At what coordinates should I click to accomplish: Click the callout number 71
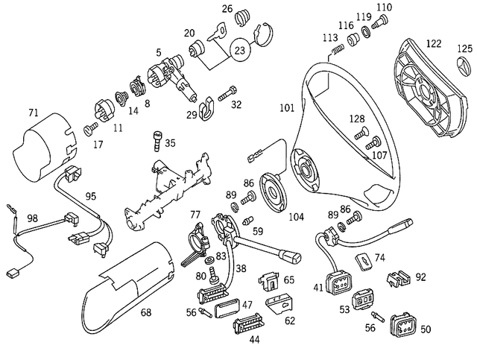pos(33,113)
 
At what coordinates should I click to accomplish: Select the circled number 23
pos(240,51)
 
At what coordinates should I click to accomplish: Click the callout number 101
pos(287,107)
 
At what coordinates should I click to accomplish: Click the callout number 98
pos(33,218)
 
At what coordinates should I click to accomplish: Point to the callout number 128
pos(357,119)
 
